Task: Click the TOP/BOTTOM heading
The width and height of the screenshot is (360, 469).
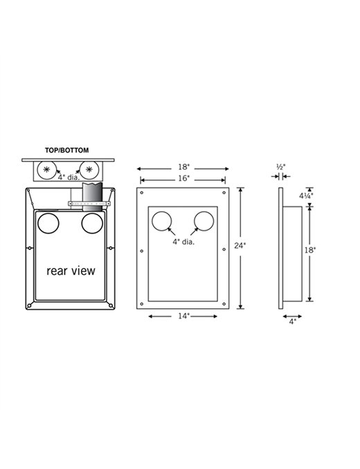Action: click(66, 150)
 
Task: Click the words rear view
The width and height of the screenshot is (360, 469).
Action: click(71, 271)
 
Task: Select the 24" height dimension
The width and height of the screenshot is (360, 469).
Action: click(240, 245)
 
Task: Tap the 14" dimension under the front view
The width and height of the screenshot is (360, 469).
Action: click(184, 316)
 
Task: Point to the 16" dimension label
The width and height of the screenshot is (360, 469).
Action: click(184, 179)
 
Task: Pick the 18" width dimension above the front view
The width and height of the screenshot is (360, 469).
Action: click(184, 167)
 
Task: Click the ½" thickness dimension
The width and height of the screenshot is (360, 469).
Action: click(281, 167)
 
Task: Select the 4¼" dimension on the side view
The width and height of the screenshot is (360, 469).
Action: click(306, 196)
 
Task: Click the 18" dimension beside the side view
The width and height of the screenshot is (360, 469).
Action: click(310, 250)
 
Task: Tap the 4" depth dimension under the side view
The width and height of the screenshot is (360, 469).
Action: click(292, 321)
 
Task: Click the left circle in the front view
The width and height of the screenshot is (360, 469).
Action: click(162, 222)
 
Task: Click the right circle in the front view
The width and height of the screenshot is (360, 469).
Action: click(204, 222)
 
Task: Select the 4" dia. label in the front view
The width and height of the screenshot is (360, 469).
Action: click(183, 242)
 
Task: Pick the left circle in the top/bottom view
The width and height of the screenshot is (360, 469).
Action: click(47, 170)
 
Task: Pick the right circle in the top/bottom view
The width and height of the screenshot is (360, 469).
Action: click(89, 170)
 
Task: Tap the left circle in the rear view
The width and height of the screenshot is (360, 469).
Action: click(48, 223)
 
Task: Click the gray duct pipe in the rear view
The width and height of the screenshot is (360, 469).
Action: click(92, 197)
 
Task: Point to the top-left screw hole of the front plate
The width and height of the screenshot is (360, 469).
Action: click(142, 193)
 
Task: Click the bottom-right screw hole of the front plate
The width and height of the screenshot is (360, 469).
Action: click(224, 304)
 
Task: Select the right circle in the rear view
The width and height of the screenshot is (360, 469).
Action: click(92, 223)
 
